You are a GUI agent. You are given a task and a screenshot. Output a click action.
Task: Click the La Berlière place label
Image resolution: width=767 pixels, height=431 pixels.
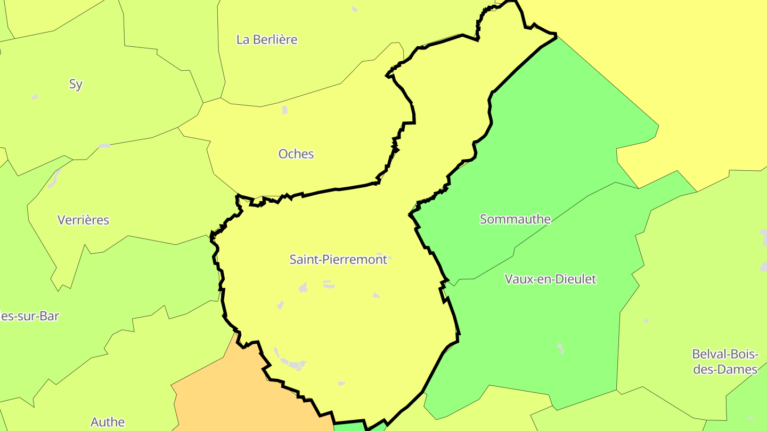tap(266, 39)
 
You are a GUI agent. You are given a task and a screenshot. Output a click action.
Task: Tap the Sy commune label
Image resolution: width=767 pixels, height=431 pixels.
tap(76, 84)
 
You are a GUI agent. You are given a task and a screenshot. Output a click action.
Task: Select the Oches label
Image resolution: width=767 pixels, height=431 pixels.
tap(296, 154)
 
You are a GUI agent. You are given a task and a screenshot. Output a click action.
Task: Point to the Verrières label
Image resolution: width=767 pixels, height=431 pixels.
tap(83, 220)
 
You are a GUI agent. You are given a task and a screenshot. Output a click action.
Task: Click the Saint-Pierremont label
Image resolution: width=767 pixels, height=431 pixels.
tap(338, 260)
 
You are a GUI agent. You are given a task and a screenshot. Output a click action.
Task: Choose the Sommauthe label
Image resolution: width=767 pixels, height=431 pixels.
tap(515, 219)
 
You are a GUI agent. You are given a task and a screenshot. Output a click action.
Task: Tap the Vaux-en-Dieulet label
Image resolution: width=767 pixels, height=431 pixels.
tap(550, 279)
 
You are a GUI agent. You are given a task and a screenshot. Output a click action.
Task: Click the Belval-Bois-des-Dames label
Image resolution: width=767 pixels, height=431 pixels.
tap(725, 361)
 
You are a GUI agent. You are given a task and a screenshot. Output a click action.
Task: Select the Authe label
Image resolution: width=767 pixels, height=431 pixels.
tap(108, 422)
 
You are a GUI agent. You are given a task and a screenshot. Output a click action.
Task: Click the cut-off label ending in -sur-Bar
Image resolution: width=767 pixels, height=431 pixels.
tap(29, 316)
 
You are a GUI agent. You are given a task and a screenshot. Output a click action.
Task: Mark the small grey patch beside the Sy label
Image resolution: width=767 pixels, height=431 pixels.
tap(35, 96)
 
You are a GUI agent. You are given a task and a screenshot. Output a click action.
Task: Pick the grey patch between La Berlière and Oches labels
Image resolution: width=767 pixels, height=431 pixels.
tap(284, 110)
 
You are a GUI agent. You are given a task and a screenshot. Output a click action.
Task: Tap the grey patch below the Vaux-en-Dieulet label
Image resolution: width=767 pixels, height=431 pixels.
tap(560, 348)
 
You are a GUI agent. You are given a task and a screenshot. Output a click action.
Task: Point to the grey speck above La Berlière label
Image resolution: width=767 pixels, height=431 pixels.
tap(355, 9)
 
